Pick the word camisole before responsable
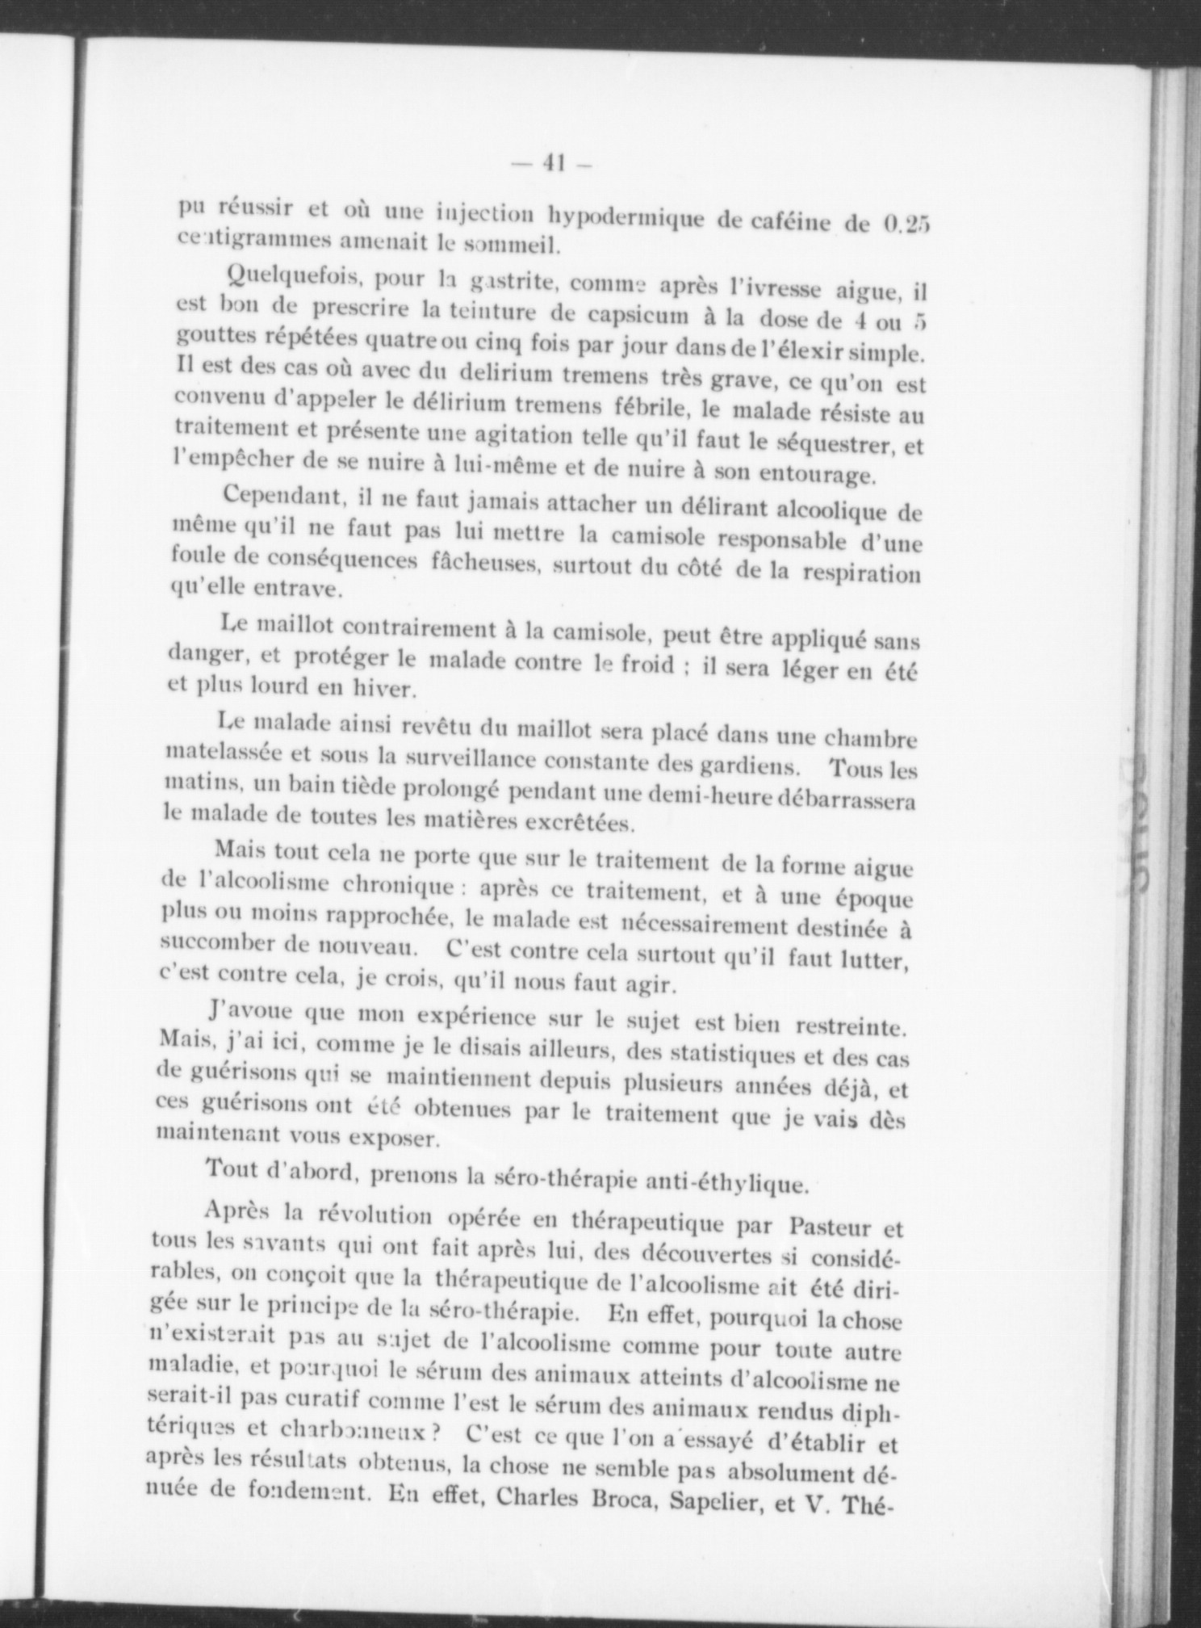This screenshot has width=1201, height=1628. (657, 535)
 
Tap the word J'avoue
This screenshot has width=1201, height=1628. (251, 1012)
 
